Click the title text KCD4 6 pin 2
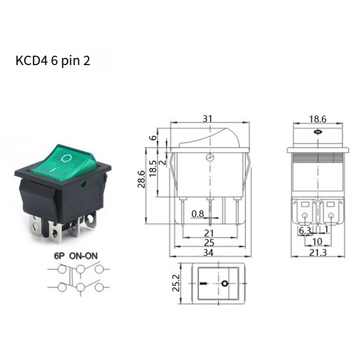click(x=53, y=61)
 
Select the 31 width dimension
click(x=208, y=118)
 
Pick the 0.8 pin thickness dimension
click(x=198, y=214)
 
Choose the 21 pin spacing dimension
click(x=209, y=233)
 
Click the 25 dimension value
click(x=209, y=243)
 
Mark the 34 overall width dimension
click(x=209, y=252)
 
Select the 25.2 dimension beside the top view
click(x=176, y=284)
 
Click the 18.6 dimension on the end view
click(x=318, y=119)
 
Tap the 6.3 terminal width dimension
click(x=305, y=231)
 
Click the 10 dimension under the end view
click(x=317, y=241)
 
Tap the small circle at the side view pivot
click(x=209, y=158)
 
